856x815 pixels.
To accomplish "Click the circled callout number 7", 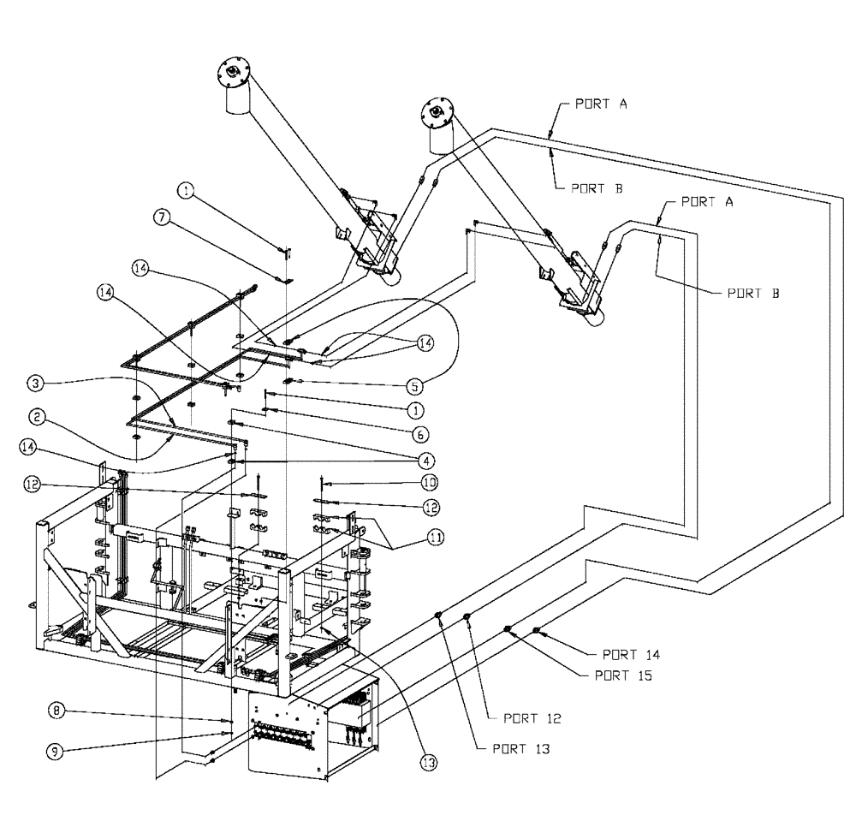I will (x=160, y=217).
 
